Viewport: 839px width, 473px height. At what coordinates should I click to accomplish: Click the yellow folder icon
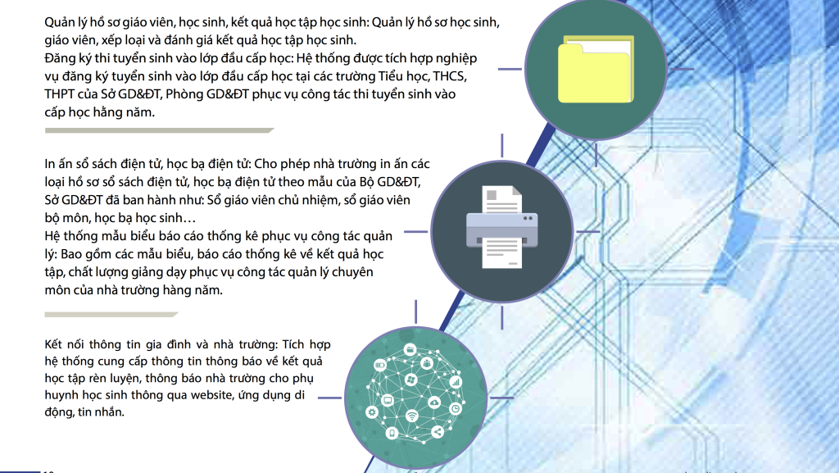pyautogui.click(x=596, y=69)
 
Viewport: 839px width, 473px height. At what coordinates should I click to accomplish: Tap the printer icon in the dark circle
pyautogui.click(x=502, y=227)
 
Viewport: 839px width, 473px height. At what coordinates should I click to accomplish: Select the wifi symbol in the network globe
pyautogui.click(x=411, y=416)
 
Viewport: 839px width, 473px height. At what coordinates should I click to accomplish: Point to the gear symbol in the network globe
pyautogui.click(x=372, y=412)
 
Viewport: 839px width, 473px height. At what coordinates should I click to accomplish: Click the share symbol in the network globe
pyautogui.click(x=438, y=432)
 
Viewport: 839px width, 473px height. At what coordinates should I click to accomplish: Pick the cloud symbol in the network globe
pyautogui.click(x=434, y=402)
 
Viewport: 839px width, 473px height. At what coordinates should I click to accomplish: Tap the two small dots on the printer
pyautogui.click(x=528, y=218)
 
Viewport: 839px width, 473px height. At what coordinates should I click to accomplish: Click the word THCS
pyautogui.click(x=450, y=76)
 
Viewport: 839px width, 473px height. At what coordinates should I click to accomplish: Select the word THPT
pyautogui.click(x=60, y=94)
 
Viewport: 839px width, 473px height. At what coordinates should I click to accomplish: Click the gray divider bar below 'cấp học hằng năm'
pyautogui.click(x=160, y=130)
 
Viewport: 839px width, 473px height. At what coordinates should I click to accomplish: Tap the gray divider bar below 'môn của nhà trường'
pyautogui.click(x=111, y=315)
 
